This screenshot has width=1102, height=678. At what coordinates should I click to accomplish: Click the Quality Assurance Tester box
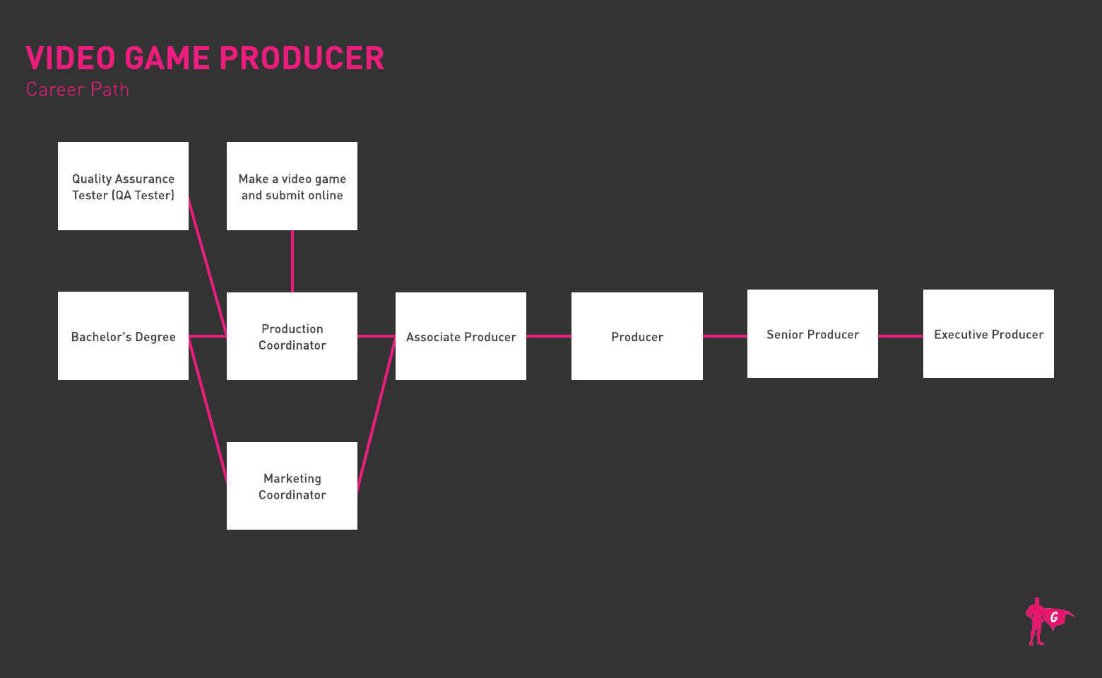[123, 186]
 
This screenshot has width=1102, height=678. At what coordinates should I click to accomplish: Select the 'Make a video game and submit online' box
[292, 186]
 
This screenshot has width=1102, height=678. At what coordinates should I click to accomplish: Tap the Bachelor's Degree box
[123, 336]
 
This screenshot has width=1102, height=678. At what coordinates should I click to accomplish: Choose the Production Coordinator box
[292, 336]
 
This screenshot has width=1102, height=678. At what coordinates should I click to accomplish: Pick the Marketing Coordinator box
[292, 486]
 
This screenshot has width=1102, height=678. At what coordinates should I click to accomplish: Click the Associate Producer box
[461, 336]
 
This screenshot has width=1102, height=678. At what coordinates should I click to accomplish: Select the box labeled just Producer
[636, 336]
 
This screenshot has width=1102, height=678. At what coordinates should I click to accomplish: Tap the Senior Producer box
[812, 333]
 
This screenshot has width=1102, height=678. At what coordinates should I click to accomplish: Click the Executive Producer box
[988, 333]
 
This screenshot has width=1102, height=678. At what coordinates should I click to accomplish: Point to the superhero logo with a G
[1047, 621]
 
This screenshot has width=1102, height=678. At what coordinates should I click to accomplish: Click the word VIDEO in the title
[70, 59]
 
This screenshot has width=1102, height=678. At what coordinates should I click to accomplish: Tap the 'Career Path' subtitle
[78, 90]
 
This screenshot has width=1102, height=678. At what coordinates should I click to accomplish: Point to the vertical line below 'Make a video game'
[292, 261]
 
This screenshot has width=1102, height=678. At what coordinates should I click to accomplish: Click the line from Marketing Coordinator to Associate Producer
[377, 413]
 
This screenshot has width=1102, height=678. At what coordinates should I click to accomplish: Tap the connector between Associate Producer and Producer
[549, 336]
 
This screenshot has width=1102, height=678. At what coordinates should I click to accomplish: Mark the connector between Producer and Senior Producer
[725, 336]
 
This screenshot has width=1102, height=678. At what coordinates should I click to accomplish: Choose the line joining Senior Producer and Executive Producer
[901, 336]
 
